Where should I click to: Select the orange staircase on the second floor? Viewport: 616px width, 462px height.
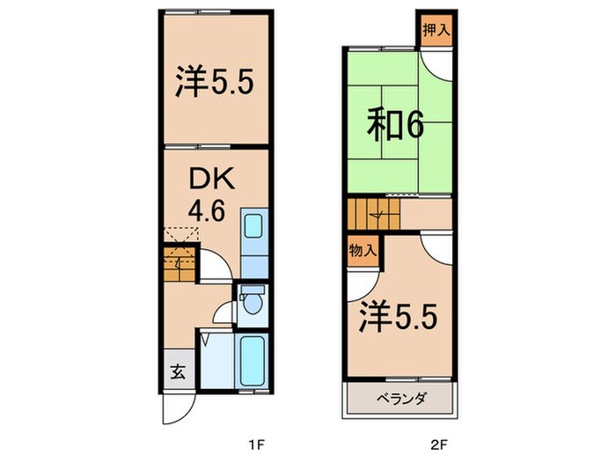(x=372, y=214)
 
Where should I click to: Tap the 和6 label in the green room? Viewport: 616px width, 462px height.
(x=396, y=124)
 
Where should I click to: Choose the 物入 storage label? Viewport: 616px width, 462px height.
(x=363, y=251)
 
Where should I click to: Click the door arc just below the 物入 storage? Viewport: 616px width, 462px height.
(x=357, y=282)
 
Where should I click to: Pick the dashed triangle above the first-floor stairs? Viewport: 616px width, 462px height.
(x=181, y=235)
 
